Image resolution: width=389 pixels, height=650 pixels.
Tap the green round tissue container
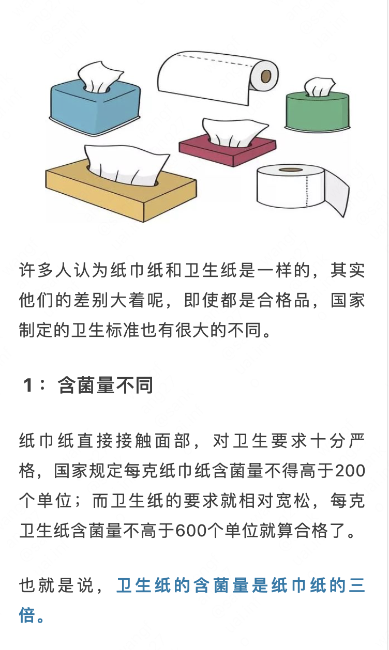click(x=318, y=112)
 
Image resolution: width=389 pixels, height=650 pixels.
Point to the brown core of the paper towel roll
click(x=266, y=76)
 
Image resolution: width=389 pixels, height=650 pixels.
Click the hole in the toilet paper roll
click(x=291, y=169)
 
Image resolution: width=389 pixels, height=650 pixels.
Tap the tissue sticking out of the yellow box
click(x=126, y=164)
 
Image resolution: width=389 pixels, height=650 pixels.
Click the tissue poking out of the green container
click(x=319, y=86)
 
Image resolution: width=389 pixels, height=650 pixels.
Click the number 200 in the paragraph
click(x=350, y=471)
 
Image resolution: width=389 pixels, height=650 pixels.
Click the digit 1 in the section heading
click(x=28, y=385)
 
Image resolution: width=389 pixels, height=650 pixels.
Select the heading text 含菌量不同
click(x=105, y=385)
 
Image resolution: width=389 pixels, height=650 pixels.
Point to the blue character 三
click(x=357, y=585)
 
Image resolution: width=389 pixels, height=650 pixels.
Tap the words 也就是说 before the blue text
click(x=56, y=585)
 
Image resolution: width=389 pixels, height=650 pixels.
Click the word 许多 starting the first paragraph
click(x=37, y=270)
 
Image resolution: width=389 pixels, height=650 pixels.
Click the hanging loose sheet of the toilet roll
click(x=336, y=193)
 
